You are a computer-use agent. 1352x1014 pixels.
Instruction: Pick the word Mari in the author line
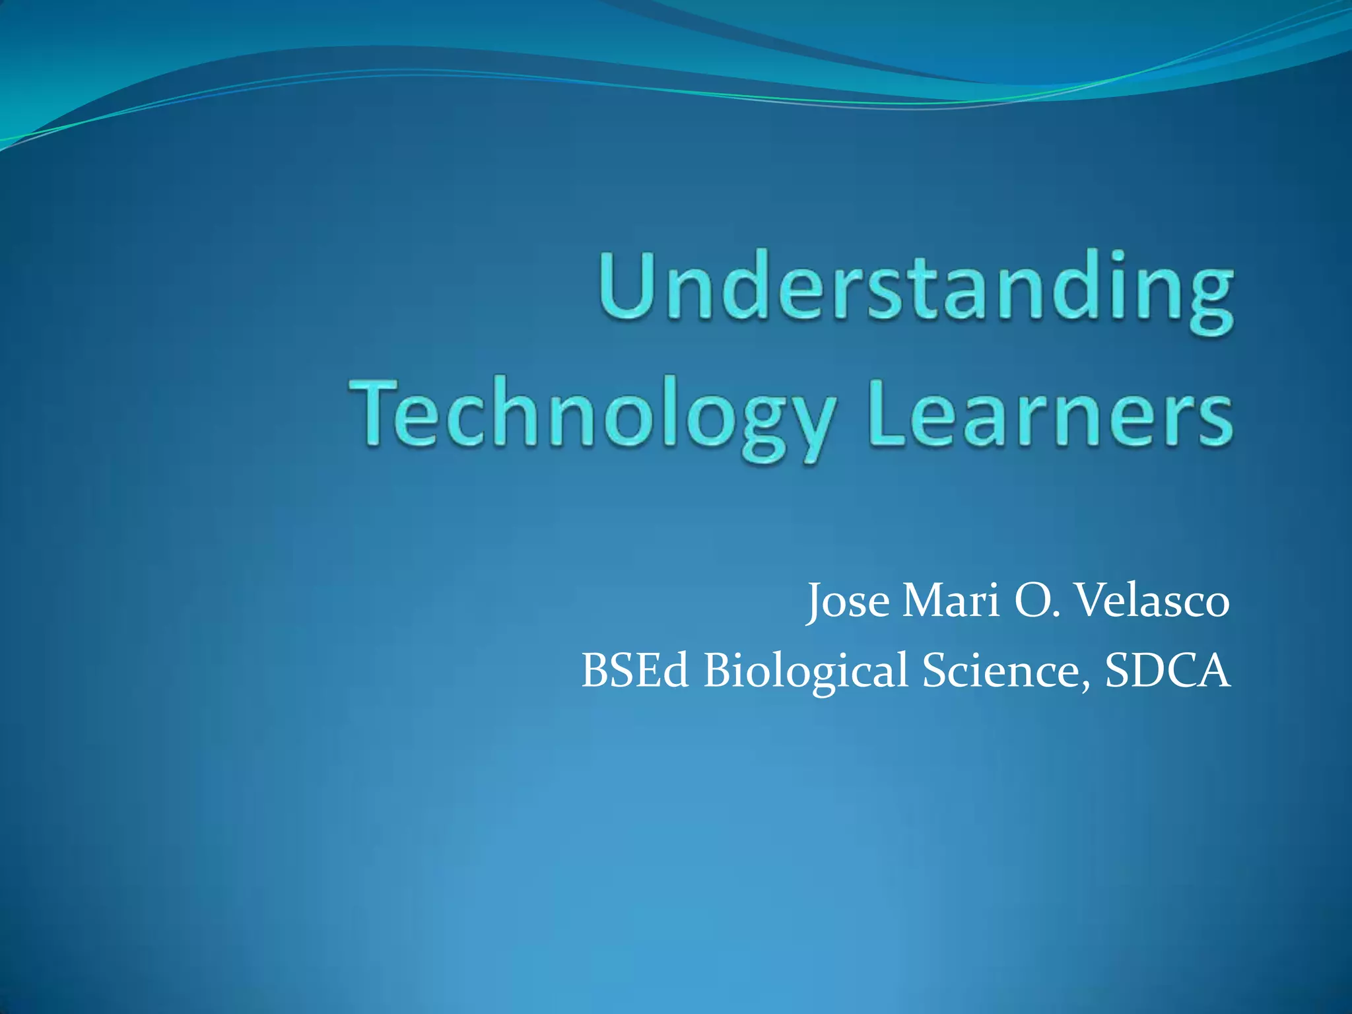[x=951, y=601]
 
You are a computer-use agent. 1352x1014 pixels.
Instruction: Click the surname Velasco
[x=1153, y=601]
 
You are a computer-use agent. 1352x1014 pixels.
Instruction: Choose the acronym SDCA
[x=1167, y=670]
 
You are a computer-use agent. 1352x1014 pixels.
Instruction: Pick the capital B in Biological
[x=720, y=670]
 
